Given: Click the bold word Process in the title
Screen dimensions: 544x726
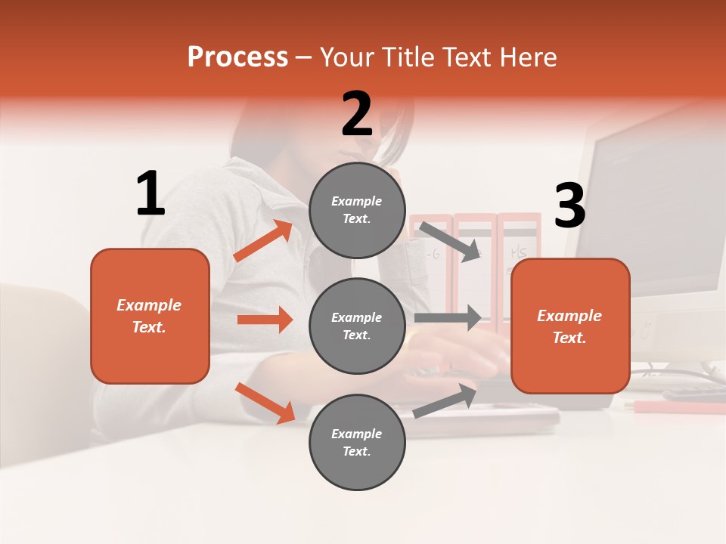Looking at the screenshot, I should (x=237, y=57).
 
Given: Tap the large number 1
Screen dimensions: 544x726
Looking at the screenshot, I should (x=150, y=193).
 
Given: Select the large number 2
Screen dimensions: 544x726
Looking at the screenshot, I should (x=357, y=114).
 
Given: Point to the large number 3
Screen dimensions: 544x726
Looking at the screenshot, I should (x=569, y=206).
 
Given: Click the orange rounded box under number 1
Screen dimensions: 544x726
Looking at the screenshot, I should (x=150, y=316).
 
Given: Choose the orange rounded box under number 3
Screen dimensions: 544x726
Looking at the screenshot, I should (x=570, y=326).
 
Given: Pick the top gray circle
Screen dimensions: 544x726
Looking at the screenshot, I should (x=357, y=210).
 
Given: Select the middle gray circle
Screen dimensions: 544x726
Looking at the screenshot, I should (x=357, y=326).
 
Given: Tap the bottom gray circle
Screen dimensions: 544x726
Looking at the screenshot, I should (x=357, y=442).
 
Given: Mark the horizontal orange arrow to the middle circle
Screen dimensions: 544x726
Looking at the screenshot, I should (x=265, y=320).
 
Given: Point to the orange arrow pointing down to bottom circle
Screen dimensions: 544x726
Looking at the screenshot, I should (x=265, y=402).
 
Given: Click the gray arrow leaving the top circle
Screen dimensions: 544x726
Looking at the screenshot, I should (x=450, y=241).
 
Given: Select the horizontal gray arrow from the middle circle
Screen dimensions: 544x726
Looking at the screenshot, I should (x=448, y=318).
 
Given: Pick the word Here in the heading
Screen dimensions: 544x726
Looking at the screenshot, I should (x=529, y=57).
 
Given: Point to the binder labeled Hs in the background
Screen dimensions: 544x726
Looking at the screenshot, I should (x=519, y=257).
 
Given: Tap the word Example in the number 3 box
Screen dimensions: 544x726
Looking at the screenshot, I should (x=569, y=316).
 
